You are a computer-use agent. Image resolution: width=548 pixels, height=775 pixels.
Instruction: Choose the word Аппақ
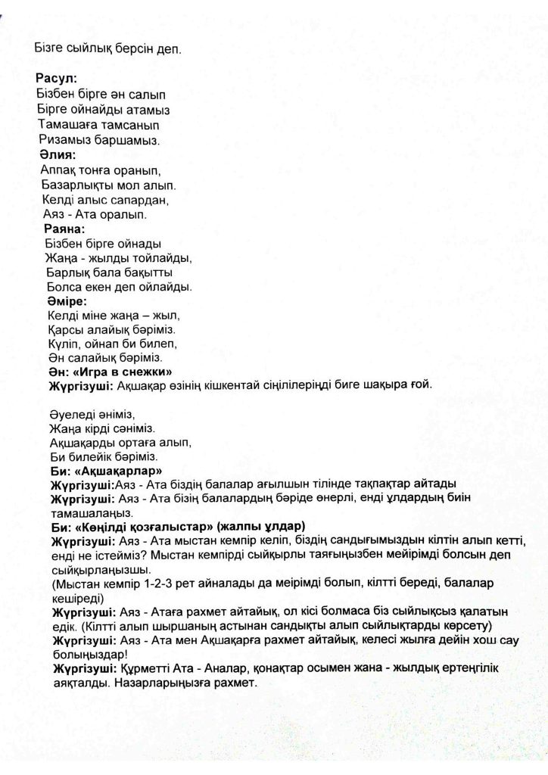click(58, 170)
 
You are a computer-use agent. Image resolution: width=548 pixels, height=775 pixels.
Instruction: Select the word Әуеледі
click(70, 413)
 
